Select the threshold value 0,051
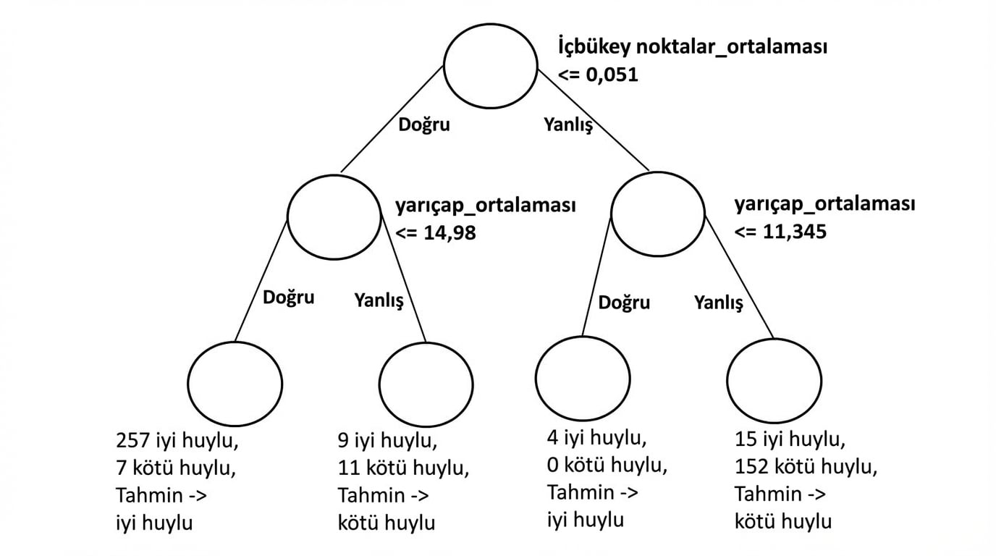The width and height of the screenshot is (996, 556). click(x=612, y=75)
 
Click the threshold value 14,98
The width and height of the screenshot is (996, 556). click(x=450, y=232)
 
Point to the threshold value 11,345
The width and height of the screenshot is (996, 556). click(x=795, y=231)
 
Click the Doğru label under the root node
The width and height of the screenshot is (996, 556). click(x=423, y=125)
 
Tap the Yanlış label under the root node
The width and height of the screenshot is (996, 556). click(x=568, y=125)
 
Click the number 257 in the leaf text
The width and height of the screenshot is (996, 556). click(x=132, y=440)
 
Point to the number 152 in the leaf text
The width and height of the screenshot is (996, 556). click(x=751, y=467)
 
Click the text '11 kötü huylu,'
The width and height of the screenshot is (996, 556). click(x=403, y=468)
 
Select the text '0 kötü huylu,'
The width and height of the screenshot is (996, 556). click(x=607, y=466)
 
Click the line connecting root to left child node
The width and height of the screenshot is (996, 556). click(x=392, y=119)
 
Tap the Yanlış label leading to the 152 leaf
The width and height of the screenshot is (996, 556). click(x=719, y=303)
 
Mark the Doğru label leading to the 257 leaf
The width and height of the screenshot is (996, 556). click(x=288, y=297)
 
